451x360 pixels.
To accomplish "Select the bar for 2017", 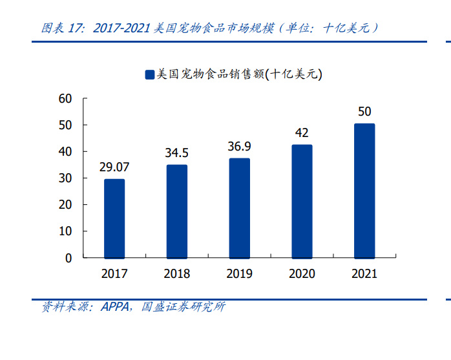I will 114,218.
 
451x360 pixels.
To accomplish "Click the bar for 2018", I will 176,211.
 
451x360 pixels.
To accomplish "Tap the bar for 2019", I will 239,207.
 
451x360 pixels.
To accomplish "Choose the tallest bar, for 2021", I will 364,190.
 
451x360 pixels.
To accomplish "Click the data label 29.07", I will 114,167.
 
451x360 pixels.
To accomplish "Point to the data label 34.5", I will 176,153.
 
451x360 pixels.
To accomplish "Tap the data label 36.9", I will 239,147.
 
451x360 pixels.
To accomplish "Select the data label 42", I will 302,132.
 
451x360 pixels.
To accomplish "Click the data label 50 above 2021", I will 364,111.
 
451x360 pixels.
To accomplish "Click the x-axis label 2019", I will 239,273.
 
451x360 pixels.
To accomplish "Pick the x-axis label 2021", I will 364,273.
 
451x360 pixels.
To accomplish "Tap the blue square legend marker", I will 150,75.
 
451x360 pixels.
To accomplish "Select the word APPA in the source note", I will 114,306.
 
